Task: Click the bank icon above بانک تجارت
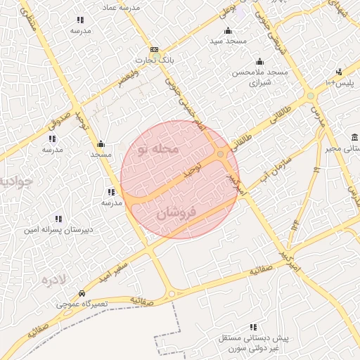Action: point(155,50)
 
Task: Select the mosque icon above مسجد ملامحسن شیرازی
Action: point(259,61)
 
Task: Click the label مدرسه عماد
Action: point(122,6)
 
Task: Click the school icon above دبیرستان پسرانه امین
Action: point(58,219)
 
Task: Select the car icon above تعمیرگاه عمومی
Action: point(82,294)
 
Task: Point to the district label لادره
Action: point(53,281)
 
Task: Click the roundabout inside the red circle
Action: point(221,154)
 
